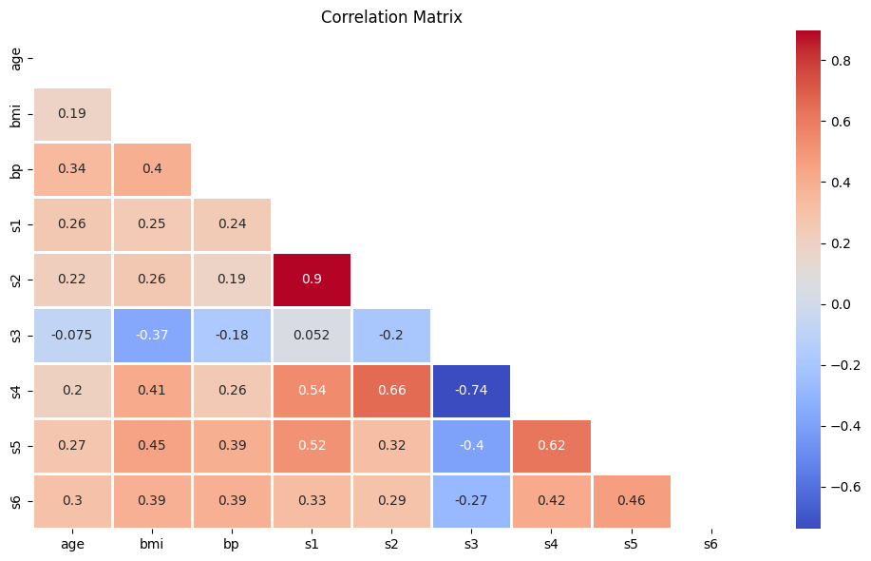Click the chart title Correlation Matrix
[x=391, y=17]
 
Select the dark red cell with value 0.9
[x=312, y=280]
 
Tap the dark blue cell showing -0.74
[x=471, y=390]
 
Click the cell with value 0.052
[x=312, y=335]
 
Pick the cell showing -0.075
[x=72, y=335]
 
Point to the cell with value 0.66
[x=391, y=390]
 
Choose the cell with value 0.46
[x=631, y=500]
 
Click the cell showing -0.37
[x=152, y=335]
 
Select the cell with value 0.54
[x=312, y=390]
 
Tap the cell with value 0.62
[x=551, y=445]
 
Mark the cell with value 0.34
[x=72, y=169]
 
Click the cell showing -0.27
[x=471, y=500]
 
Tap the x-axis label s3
[x=471, y=544]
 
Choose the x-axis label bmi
[x=152, y=544]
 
